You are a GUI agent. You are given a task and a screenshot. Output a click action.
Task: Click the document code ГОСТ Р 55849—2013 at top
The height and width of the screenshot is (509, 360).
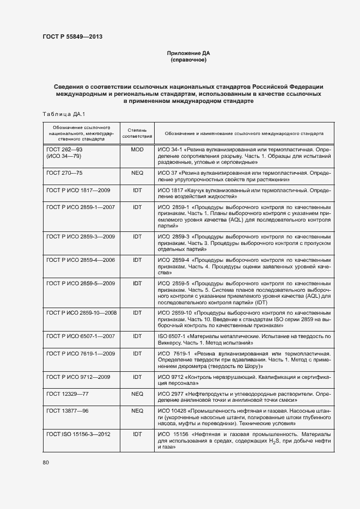point(72,38)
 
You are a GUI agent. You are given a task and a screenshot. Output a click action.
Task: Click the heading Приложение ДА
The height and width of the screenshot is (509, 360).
point(188,53)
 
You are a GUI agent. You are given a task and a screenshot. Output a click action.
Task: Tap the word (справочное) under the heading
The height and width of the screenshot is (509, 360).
point(188,60)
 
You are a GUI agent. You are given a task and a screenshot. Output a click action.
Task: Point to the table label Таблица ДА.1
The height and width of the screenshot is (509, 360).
point(60,113)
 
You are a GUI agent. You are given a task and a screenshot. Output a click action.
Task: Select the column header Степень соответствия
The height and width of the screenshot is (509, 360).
point(137,133)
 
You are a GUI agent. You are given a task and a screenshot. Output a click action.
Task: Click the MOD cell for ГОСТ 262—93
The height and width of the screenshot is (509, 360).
point(137,149)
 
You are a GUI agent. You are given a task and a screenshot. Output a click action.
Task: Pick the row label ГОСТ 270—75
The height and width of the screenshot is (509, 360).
point(64,172)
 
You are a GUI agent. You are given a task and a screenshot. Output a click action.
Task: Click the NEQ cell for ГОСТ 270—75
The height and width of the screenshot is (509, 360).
point(137,172)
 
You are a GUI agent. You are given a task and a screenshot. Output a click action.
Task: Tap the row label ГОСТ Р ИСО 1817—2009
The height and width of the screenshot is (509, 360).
point(78,191)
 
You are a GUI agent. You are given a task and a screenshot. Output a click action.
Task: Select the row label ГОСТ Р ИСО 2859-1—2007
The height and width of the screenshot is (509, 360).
point(81,207)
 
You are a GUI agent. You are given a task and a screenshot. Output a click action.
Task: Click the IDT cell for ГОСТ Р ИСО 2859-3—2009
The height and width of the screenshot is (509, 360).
point(137,237)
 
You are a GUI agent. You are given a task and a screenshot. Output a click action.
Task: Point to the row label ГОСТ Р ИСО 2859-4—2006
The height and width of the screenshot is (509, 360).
point(81,260)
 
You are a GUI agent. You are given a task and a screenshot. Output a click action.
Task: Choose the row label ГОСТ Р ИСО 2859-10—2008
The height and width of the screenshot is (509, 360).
point(82,313)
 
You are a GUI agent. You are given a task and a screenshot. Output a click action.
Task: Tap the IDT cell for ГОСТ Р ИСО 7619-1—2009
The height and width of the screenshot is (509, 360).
point(137,354)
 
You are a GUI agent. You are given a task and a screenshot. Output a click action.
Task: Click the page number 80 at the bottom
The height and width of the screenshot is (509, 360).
point(46,463)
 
